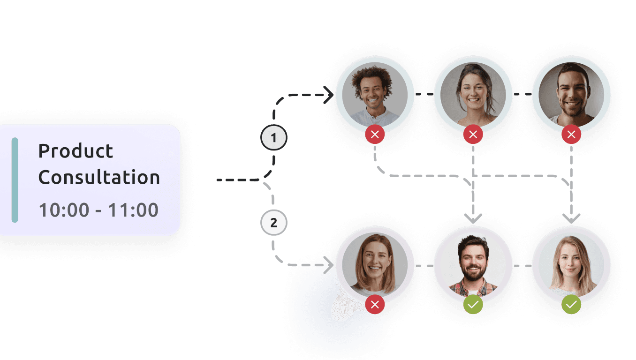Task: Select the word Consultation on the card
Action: coord(99,177)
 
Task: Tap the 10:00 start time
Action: coord(64,210)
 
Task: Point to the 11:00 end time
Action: coord(133,210)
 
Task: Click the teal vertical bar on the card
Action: coord(15,180)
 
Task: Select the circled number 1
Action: coord(274,138)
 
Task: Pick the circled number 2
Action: coord(274,223)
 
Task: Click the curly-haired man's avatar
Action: coord(375,95)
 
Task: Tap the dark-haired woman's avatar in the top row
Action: coord(473,95)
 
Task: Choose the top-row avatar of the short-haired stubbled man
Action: coord(571,95)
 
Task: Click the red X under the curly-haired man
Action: coord(375,134)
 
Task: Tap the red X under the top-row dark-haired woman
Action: coord(473,134)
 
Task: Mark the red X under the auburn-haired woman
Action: coord(375,304)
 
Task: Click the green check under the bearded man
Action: coord(473,304)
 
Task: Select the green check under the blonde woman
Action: coord(571,304)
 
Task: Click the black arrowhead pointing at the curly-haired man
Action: coord(330,95)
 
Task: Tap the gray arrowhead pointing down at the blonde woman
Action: coord(571,219)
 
